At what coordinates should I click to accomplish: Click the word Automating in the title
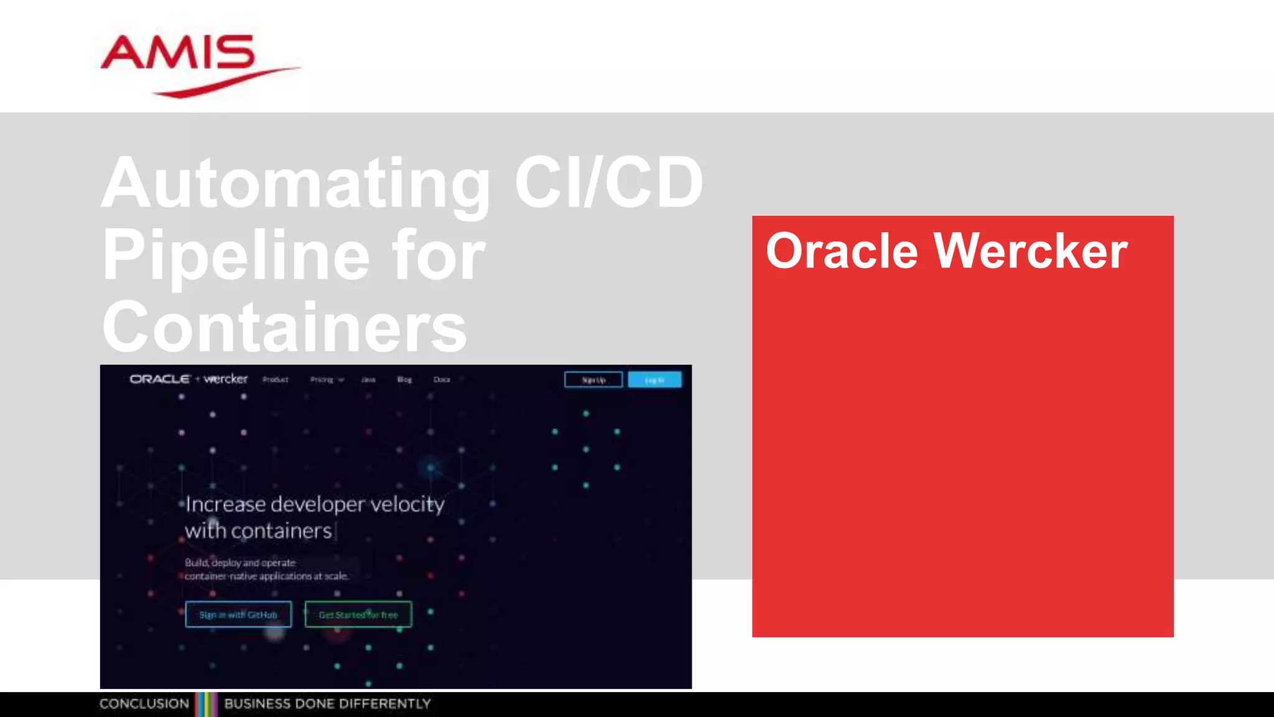point(296,184)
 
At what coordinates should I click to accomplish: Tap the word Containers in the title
point(284,327)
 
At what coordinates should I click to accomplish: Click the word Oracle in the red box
point(842,251)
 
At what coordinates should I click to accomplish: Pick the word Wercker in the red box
point(1030,251)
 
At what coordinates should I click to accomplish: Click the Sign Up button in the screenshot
point(593,380)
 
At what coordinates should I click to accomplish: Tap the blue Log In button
point(654,380)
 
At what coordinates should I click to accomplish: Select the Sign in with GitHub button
point(238,614)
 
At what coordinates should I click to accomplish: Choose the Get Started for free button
point(358,614)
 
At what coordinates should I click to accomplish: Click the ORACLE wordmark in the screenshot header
point(159,379)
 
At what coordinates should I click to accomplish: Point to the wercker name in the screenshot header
point(226,379)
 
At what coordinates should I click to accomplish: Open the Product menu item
point(275,380)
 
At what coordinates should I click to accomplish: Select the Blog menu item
point(404,380)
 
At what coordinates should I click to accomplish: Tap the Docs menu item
point(442,380)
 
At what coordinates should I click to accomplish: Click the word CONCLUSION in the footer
point(144,704)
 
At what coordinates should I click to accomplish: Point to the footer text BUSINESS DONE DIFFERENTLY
point(327,704)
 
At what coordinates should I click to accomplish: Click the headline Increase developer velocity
point(315,504)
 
